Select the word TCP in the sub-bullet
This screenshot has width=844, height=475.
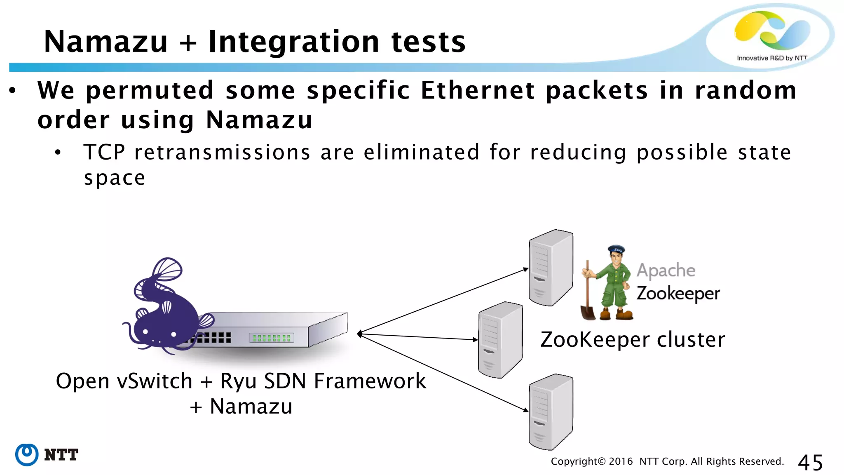tap(104, 152)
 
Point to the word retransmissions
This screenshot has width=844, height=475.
tap(222, 152)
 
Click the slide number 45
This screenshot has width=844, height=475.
tap(810, 462)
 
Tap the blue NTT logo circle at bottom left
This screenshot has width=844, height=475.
tap(27, 455)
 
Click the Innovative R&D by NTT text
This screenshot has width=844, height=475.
tap(771, 58)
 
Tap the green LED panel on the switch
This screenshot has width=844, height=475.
tap(272, 338)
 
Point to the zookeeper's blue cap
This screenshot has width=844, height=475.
tap(617, 249)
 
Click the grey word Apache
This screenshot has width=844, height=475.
tap(666, 270)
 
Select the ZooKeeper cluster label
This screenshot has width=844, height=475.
tap(633, 340)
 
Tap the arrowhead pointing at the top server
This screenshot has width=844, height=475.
tap(526, 269)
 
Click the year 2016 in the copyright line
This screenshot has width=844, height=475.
tap(621, 461)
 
